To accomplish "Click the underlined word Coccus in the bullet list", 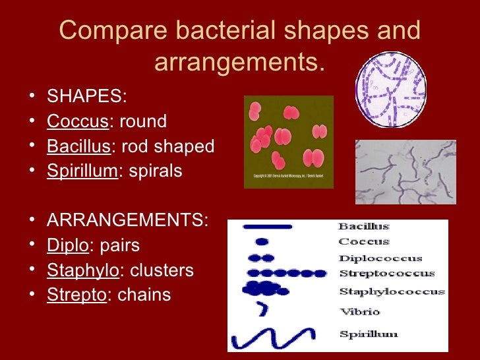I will tap(77, 122).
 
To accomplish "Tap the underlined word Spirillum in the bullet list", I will tap(82, 171).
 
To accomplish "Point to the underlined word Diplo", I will tap(67, 246).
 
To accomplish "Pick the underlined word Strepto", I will tap(76, 295).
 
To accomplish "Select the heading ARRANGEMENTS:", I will tap(127, 221).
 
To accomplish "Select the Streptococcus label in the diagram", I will tap(386, 274).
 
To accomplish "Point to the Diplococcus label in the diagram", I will tap(380, 258).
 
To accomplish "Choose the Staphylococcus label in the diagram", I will tap(392, 291).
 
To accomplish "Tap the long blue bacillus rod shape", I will tap(267, 227).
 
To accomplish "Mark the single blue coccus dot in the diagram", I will tap(262, 242).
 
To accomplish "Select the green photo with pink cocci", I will tap(289, 142).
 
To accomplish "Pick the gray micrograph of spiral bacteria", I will tap(405, 171).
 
